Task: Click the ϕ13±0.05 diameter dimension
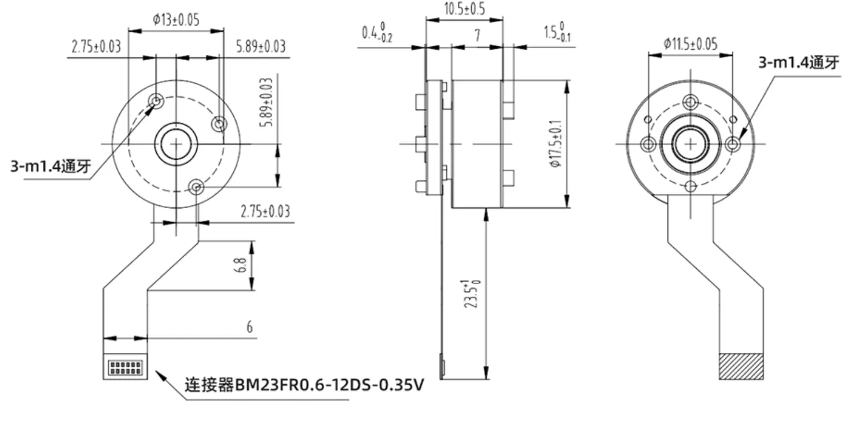pyautogui.click(x=176, y=19)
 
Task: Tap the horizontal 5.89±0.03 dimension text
pyautogui.click(x=260, y=47)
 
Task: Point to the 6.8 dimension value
pyautogui.click(x=243, y=266)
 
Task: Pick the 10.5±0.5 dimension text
pyautogui.click(x=464, y=9)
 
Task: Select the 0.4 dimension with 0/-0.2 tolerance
pyautogui.click(x=377, y=34)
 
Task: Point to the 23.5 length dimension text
pyautogui.click(x=473, y=294)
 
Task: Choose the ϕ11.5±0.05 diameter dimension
pyautogui.click(x=690, y=43)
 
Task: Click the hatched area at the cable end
pyautogui.click(x=741, y=366)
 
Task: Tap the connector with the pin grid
pyautogui.click(x=125, y=367)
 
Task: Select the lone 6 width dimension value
pyautogui.click(x=249, y=327)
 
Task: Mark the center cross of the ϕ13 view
pyautogui.click(x=175, y=144)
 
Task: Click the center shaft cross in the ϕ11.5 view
pyautogui.click(x=690, y=143)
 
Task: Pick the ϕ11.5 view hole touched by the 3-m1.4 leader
pyautogui.click(x=733, y=143)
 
